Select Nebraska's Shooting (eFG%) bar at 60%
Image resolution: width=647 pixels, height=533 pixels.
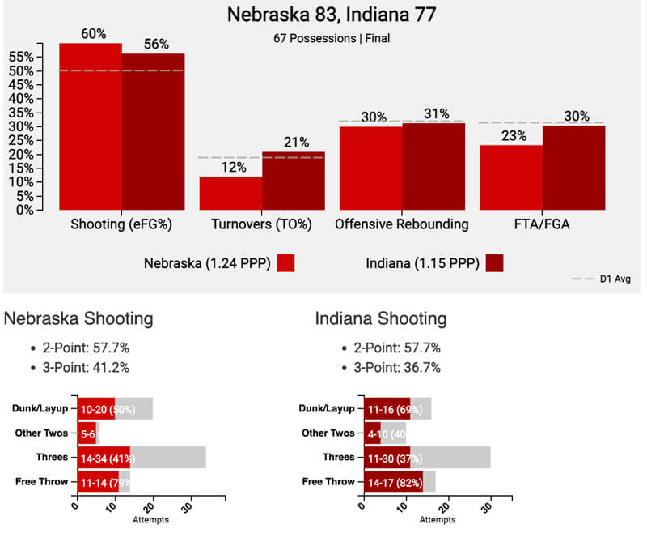point(91,130)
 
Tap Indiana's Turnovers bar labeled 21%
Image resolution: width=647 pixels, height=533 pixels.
point(293,181)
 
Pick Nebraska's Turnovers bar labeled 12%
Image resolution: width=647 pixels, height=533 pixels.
point(230,194)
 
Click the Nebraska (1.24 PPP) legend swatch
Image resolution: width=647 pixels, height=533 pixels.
point(285,263)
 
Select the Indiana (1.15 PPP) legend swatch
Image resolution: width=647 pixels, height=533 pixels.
point(491,263)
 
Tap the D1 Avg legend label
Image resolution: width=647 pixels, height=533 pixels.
point(615,279)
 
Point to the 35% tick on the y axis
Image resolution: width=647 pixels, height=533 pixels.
point(23,113)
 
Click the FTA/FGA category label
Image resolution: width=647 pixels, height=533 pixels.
point(541,224)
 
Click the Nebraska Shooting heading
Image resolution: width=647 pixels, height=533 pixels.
point(78,318)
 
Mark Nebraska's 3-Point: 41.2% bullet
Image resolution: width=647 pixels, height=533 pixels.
point(86,366)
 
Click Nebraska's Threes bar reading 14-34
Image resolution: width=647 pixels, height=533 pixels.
point(104,458)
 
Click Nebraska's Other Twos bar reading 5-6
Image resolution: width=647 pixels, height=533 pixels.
point(87,433)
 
